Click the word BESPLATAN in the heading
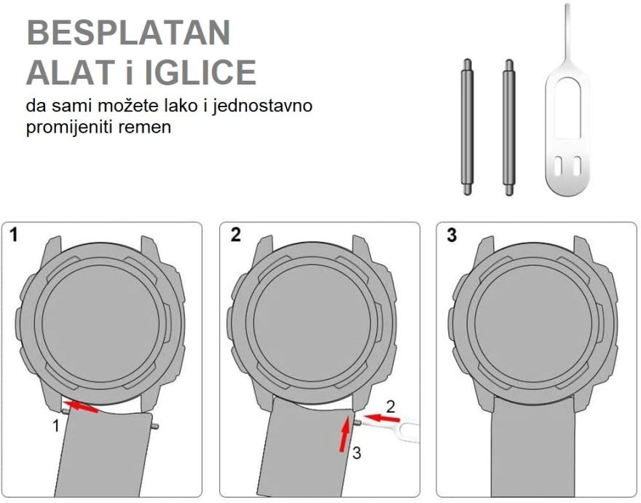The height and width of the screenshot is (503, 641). [128, 33]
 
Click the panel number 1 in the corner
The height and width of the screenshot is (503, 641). [15, 235]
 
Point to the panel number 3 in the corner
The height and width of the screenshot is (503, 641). [451, 235]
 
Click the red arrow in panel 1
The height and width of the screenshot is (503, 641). [81, 406]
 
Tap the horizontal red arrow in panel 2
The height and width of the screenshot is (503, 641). [382, 418]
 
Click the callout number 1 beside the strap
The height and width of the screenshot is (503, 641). [55, 426]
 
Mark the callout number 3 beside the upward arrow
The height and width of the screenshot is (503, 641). [356, 453]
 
